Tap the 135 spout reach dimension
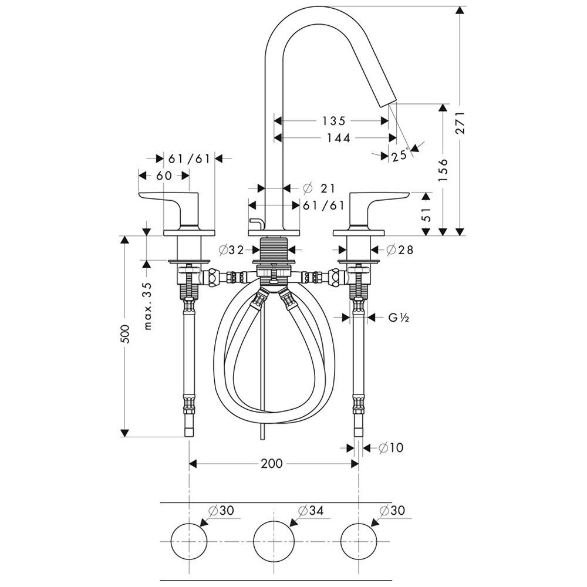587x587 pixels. click(x=333, y=122)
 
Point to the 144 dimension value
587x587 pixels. click(x=336, y=138)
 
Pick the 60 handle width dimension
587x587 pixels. click(x=164, y=175)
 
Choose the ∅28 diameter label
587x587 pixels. click(x=400, y=250)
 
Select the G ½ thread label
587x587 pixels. click(x=397, y=318)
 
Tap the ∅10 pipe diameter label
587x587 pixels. click(x=391, y=448)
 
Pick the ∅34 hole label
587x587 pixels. click(x=311, y=511)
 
